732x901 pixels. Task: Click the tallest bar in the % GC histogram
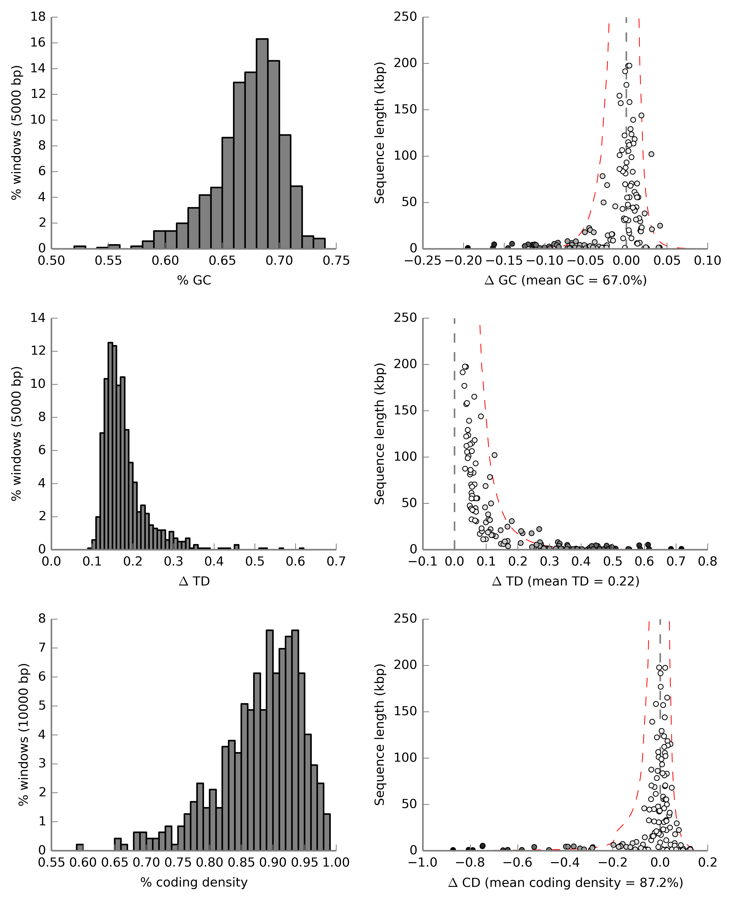[262, 143]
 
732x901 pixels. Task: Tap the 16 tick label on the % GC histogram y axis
[38, 43]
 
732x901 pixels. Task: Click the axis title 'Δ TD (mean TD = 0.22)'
[565, 581]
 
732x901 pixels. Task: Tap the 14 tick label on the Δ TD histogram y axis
[38, 318]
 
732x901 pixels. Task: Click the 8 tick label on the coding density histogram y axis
[42, 619]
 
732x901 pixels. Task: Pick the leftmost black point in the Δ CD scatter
[453, 850]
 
